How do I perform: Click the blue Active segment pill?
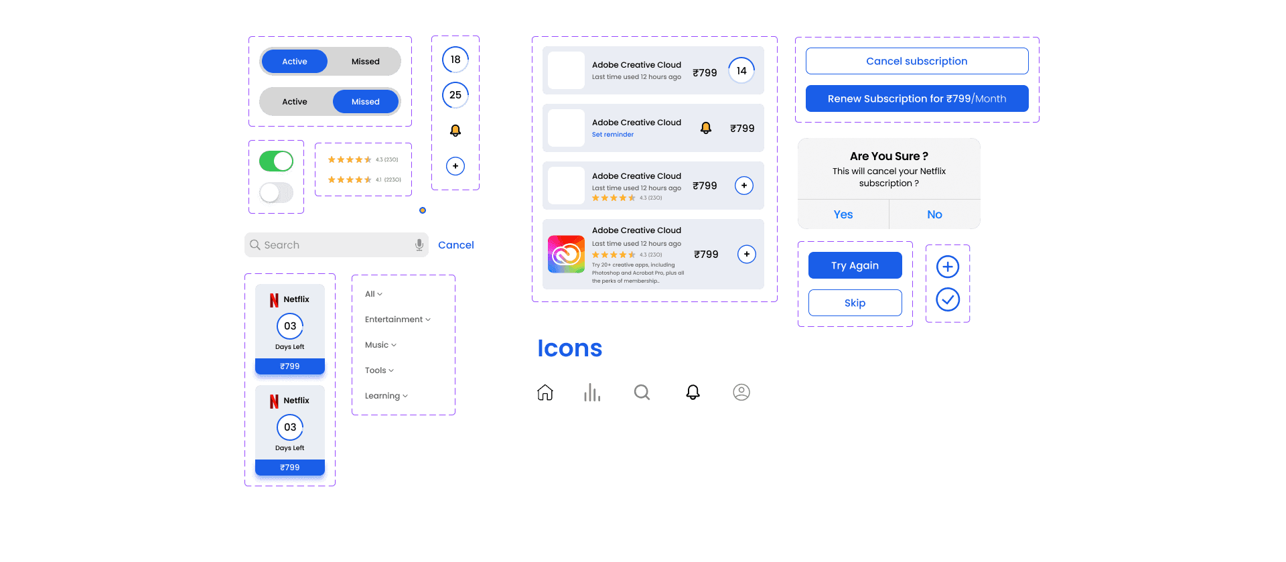coord(295,62)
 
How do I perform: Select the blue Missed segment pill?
coord(366,102)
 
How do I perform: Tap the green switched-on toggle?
coord(276,161)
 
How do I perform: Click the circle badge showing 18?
coord(455,60)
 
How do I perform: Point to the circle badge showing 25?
coord(455,95)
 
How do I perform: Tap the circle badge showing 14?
coord(741,70)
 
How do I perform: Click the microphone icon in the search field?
coord(419,244)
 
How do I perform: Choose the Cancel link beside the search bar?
coord(456,245)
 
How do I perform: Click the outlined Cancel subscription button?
coord(916,61)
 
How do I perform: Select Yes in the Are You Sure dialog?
coord(843,214)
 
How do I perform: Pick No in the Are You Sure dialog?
coord(934,214)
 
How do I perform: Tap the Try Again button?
coord(855,265)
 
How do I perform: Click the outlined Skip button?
coord(855,303)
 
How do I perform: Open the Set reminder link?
coord(613,135)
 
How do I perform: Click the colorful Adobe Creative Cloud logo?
coord(566,254)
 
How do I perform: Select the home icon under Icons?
coord(545,393)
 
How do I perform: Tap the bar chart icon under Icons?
coord(592,393)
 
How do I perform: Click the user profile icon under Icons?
coord(741,393)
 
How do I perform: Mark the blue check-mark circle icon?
coord(948,299)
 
